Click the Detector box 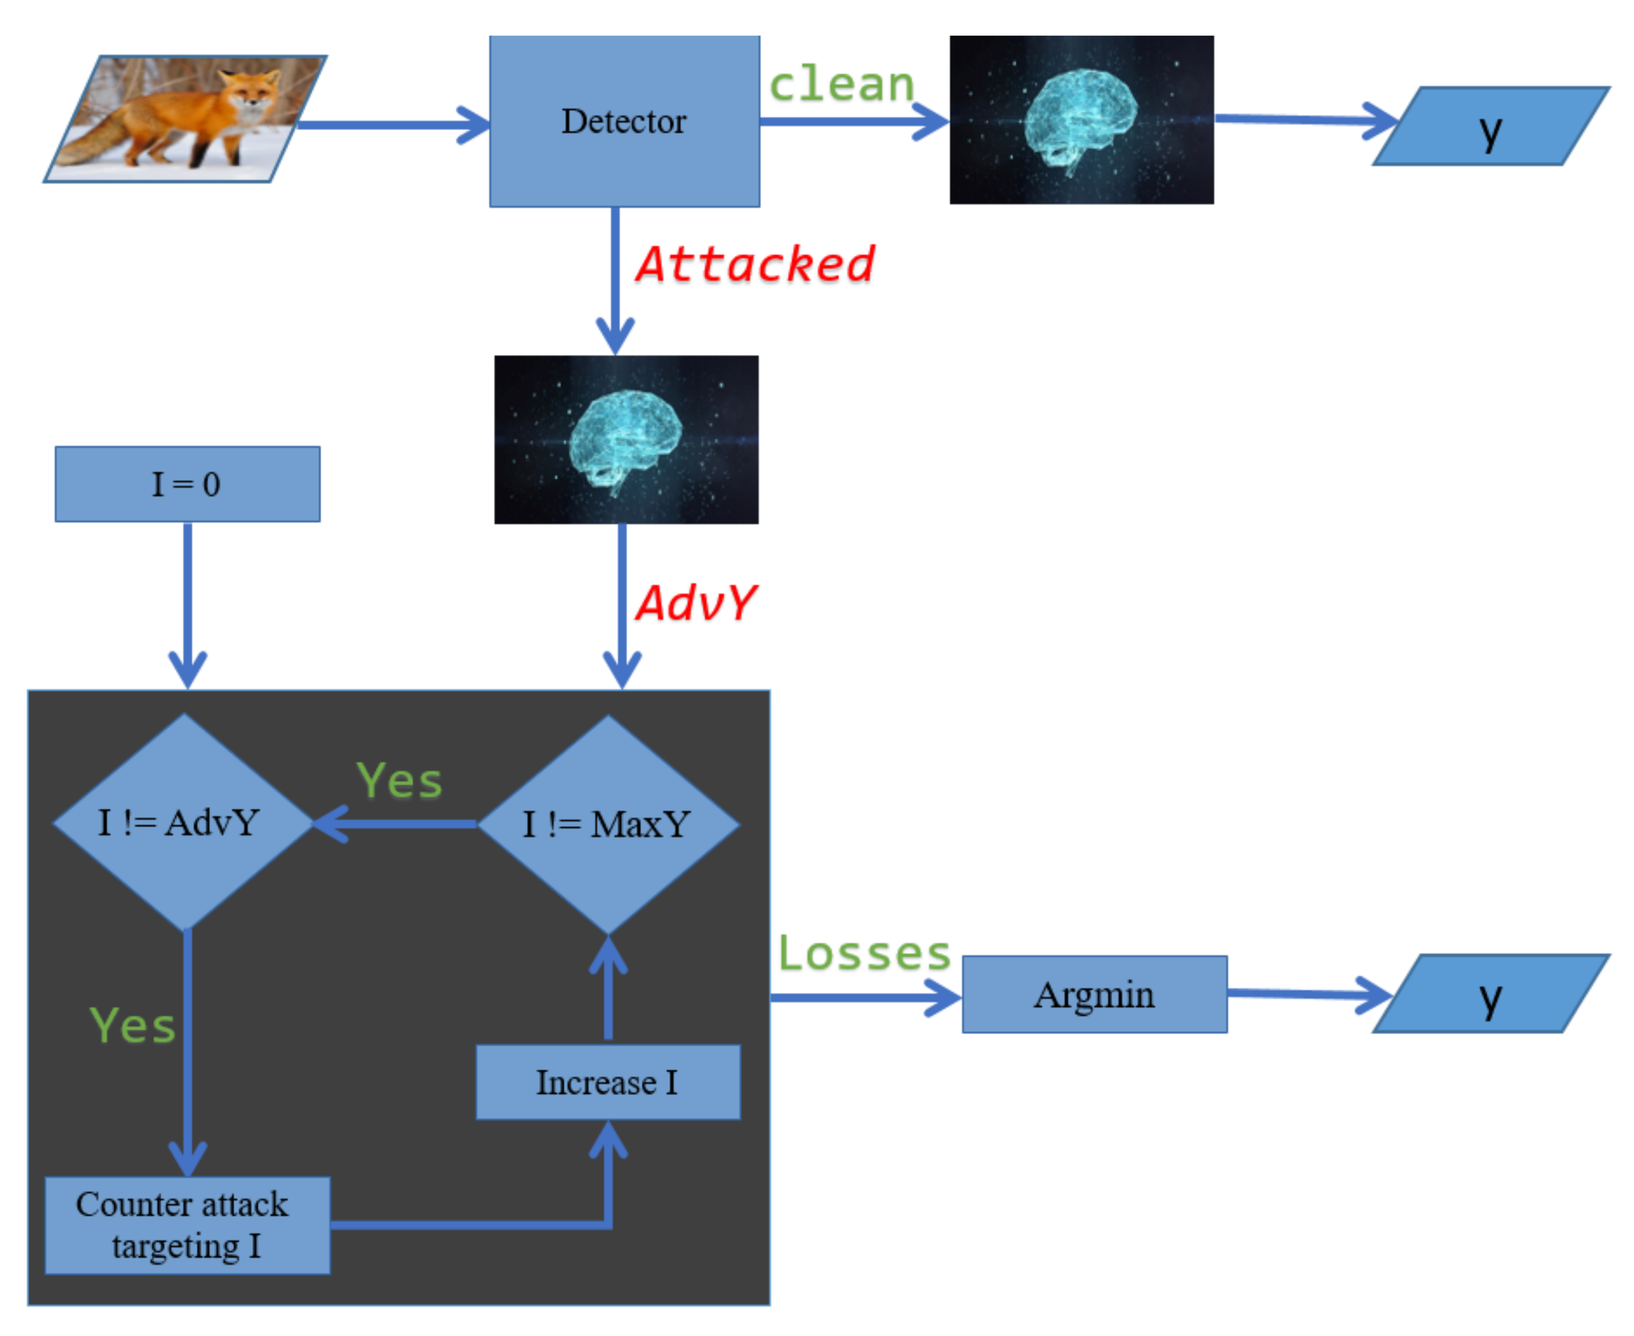[624, 121]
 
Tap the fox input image [185, 119]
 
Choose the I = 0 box [187, 484]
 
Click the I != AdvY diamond [182, 822]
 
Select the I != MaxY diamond [608, 824]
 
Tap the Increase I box [607, 1082]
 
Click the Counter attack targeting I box [187, 1224]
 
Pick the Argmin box [1093, 994]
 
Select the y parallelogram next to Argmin [1490, 994]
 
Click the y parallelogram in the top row [1490, 126]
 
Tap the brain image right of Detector [1081, 120]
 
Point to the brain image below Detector [626, 440]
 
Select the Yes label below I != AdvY [132, 1025]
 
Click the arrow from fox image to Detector [392, 125]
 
